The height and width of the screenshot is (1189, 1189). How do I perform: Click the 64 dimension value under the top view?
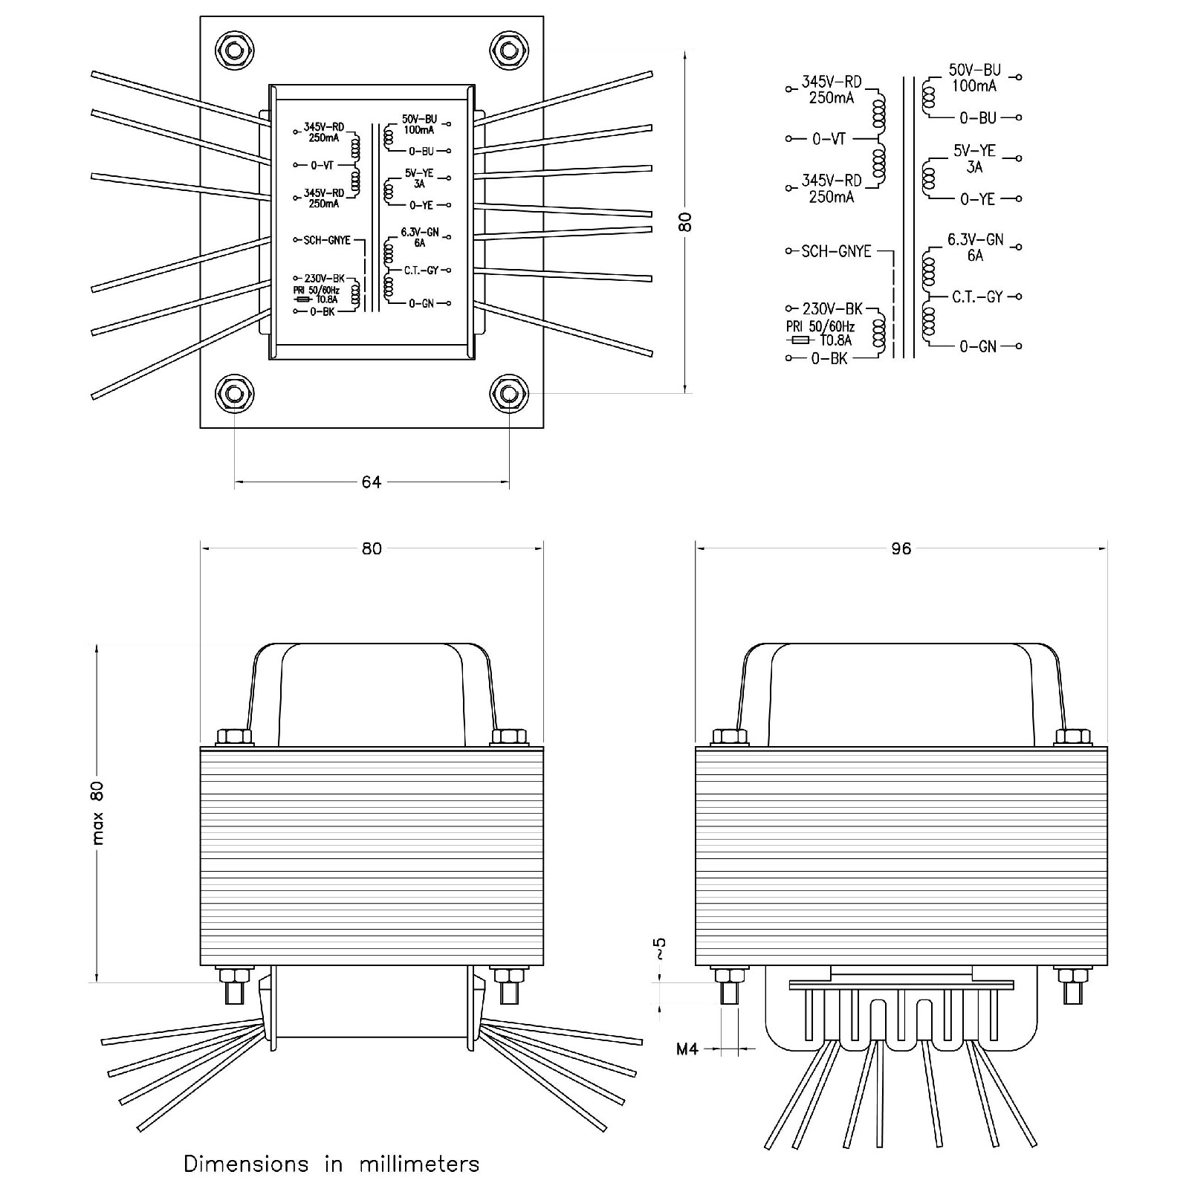(371, 482)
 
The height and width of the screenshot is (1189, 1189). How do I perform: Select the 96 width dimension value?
(901, 548)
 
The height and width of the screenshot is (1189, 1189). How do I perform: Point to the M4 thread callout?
(687, 1049)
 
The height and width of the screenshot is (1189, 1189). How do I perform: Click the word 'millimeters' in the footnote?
(419, 1163)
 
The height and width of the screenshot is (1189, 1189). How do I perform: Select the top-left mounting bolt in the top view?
(234, 51)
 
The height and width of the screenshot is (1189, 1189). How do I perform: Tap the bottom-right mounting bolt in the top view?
(509, 393)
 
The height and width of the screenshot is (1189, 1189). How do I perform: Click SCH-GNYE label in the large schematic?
(836, 251)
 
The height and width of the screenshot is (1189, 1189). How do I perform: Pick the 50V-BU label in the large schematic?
(974, 70)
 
